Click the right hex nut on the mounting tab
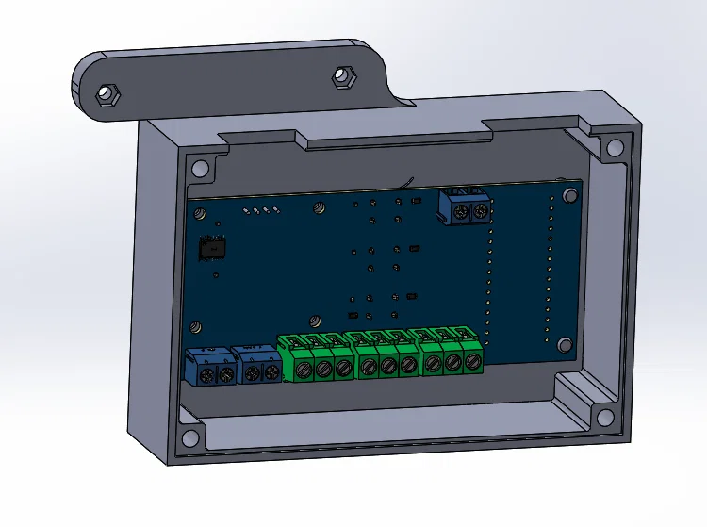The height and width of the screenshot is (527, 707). coord(343,75)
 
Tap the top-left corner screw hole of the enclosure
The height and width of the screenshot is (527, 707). coord(199,169)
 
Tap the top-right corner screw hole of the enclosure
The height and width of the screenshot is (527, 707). coord(614,148)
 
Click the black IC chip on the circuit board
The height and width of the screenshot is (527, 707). coord(213,249)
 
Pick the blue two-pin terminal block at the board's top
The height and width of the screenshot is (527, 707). coord(466,206)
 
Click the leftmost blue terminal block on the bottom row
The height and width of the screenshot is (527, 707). coord(213,366)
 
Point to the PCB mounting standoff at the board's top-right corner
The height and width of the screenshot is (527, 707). coord(569,195)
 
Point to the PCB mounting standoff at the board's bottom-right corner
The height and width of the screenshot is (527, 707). coord(565,344)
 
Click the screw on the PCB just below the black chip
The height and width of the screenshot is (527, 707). coord(197,326)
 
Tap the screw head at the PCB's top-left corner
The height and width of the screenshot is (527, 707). coord(200,213)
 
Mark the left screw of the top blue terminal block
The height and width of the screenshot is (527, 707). coord(459,214)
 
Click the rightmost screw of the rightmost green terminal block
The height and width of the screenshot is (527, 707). coord(471,360)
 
